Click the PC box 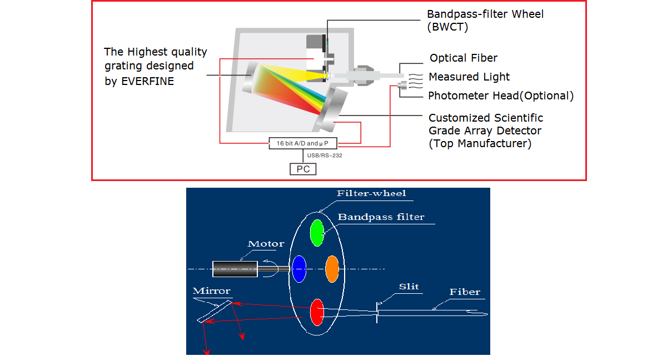(x=303, y=169)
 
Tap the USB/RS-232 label (x=325, y=156)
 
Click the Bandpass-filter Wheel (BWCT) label (x=485, y=20)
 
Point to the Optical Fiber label (x=464, y=58)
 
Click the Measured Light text (x=469, y=77)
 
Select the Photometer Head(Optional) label (x=501, y=96)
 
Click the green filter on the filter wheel (x=317, y=233)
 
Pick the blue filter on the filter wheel (x=299, y=269)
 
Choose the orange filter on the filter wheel (x=332, y=269)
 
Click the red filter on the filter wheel (x=317, y=312)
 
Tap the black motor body (x=234, y=269)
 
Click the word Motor (x=266, y=244)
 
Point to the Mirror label (x=211, y=291)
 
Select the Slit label (x=409, y=287)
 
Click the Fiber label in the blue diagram (x=465, y=292)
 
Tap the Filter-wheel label (x=371, y=194)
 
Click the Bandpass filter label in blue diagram (x=381, y=217)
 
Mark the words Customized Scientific (x=486, y=118)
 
